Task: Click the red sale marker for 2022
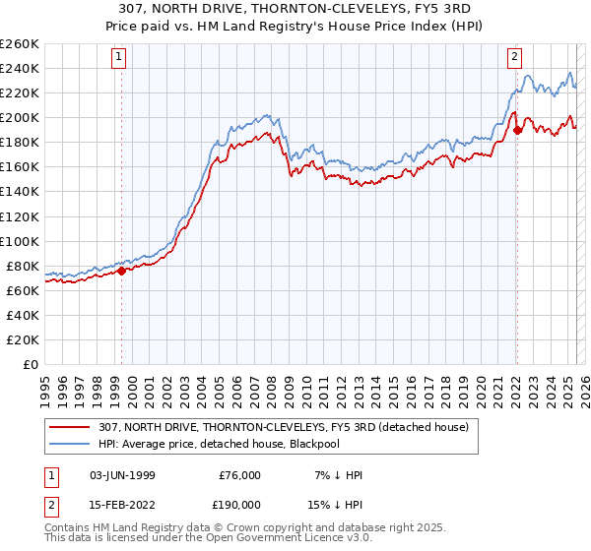coord(517,129)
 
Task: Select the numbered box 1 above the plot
coord(118,57)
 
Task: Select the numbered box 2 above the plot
coord(514,57)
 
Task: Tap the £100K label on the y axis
coord(22,241)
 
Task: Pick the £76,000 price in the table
coord(239,475)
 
